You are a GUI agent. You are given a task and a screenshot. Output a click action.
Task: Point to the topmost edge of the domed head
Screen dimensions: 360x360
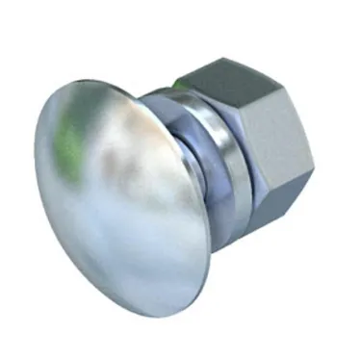96,81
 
